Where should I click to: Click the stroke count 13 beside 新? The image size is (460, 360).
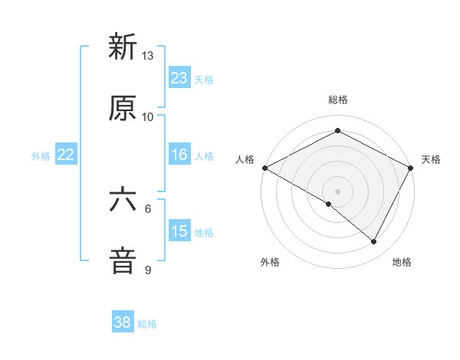148,56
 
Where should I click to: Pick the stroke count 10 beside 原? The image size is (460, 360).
148,116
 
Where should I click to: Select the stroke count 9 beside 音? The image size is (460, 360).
148,270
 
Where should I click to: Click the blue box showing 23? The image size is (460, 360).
179,78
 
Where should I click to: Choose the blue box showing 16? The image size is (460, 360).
179,155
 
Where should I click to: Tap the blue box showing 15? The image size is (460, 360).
179,231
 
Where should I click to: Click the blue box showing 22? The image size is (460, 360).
66,155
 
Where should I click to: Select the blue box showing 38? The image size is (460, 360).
123,322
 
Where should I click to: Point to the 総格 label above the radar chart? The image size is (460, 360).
338,100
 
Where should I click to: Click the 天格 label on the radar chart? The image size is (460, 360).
431,159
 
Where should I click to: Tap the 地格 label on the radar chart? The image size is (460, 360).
402,262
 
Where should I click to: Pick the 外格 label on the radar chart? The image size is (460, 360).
270,262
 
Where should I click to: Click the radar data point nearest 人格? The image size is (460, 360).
264,168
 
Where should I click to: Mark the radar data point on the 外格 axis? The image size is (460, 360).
329,204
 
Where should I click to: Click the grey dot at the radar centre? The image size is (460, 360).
338,191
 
